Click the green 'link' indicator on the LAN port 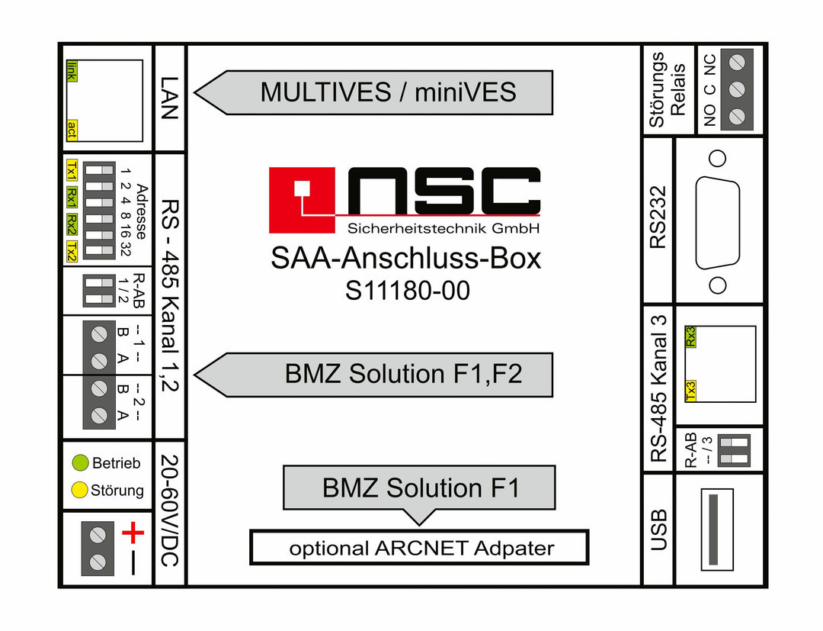[72, 71]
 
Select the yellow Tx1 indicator [72, 170]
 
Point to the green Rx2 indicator [72, 225]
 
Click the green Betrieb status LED [80, 462]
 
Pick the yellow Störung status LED [79, 490]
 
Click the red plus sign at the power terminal [133, 533]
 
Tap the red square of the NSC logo [302, 200]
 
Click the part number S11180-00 [407, 291]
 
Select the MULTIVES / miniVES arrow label [373, 92]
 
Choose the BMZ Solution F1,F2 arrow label [373, 375]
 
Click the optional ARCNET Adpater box [419, 548]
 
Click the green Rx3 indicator [690, 336]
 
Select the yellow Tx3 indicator [690, 391]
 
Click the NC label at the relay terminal [709, 65]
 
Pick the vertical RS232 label [658, 217]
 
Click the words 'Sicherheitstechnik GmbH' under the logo [444, 229]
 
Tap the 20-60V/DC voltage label [170, 510]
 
